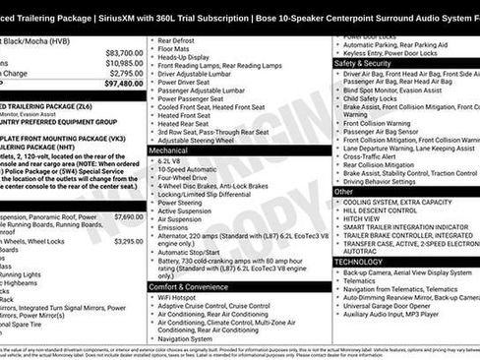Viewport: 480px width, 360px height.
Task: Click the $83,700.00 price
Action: pos(124,53)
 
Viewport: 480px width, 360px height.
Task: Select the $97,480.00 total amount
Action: pos(124,84)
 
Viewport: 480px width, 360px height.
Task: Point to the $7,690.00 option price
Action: pos(128,216)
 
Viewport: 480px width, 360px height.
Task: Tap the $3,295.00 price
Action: pos(128,240)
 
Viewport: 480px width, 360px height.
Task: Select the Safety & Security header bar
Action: pos(363,62)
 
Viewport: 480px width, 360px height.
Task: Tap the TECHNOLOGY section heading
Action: pos(359,262)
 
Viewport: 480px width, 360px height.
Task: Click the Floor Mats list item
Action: pos(174,47)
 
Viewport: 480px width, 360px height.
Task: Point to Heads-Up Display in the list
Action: pos(184,56)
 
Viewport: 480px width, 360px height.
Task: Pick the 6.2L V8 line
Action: pos(169,160)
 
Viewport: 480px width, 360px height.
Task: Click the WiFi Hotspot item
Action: pos(177,296)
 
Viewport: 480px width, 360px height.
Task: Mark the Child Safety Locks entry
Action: pos(373,99)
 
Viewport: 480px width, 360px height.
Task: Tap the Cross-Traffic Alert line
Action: pos(370,155)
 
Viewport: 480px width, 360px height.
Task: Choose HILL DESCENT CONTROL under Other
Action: pos(381,210)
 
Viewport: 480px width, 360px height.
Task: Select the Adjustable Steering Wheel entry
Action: pos(197,140)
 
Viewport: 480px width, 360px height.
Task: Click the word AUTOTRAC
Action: pos(361,251)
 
